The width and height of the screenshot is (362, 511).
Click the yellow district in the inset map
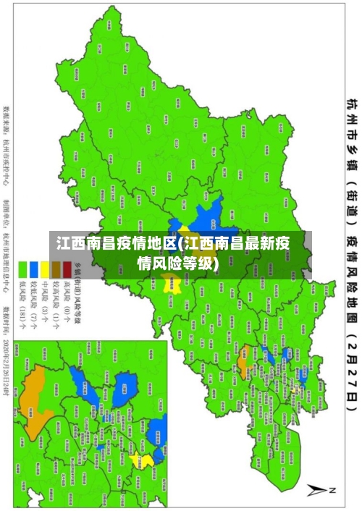click(x=147, y=460)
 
